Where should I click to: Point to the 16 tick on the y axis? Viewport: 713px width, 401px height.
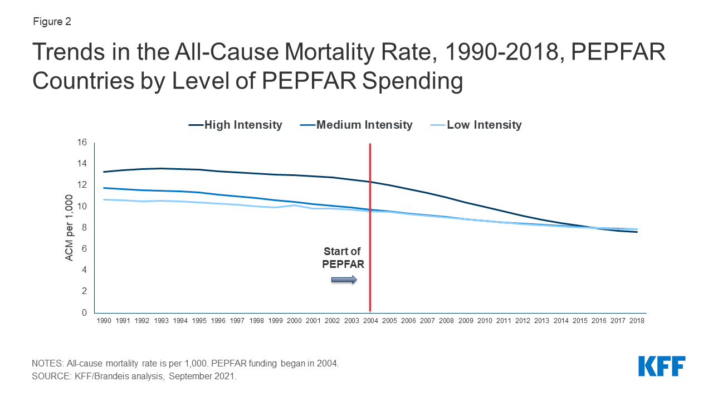point(82,143)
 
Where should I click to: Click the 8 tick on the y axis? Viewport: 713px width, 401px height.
point(84,228)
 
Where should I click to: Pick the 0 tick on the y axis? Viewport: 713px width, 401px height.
point(84,313)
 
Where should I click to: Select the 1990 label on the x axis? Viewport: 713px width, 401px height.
point(104,321)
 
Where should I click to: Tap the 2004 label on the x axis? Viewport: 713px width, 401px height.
point(370,321)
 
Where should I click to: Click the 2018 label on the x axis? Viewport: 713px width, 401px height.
point(637,321)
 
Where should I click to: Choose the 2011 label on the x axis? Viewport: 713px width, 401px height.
point(504,321)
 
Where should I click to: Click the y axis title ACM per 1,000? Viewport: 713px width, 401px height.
point(69,228)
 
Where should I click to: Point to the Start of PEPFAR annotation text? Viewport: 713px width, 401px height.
point(343,258)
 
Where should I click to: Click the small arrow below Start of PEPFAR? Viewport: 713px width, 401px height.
point(344,280)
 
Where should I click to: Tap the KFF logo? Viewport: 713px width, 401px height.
point(662,366)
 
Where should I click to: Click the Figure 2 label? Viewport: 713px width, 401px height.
point(51,22)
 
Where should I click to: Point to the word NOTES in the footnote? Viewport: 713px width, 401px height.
point(48,363)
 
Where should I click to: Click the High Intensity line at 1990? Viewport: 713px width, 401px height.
point(104,172)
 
